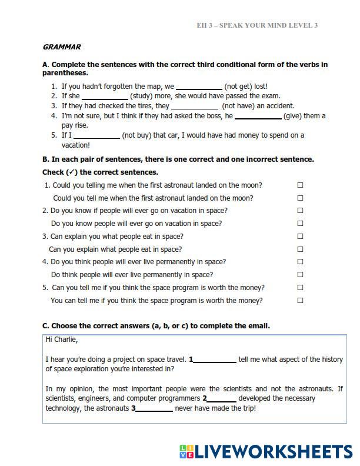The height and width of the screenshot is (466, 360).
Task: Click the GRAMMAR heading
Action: coord(62,47)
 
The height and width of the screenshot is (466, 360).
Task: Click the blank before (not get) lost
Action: coord(199,86)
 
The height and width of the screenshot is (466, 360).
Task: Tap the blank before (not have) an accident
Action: coord(195,106)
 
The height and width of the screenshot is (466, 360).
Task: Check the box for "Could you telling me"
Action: coord(300,185)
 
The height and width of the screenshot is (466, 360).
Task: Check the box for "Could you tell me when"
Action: coord(300,198)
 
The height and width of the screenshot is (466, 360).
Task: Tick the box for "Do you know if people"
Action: coord(300,211)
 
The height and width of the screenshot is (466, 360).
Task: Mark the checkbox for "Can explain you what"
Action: coord(300,237)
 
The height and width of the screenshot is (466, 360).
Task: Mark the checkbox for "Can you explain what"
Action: coord(300,249)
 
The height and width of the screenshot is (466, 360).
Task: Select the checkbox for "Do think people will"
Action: coord(300,275)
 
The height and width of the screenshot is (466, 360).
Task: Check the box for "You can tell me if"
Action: coord(300,301)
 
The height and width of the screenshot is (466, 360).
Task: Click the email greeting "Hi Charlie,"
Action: coord(61,339)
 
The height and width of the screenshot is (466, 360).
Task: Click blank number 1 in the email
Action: coord(215,360)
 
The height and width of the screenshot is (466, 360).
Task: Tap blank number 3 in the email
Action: coord(155,409)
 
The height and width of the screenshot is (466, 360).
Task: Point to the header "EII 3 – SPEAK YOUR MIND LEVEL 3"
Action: coord(257,26)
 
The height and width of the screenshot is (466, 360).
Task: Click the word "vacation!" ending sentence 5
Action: coord(76,145)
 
